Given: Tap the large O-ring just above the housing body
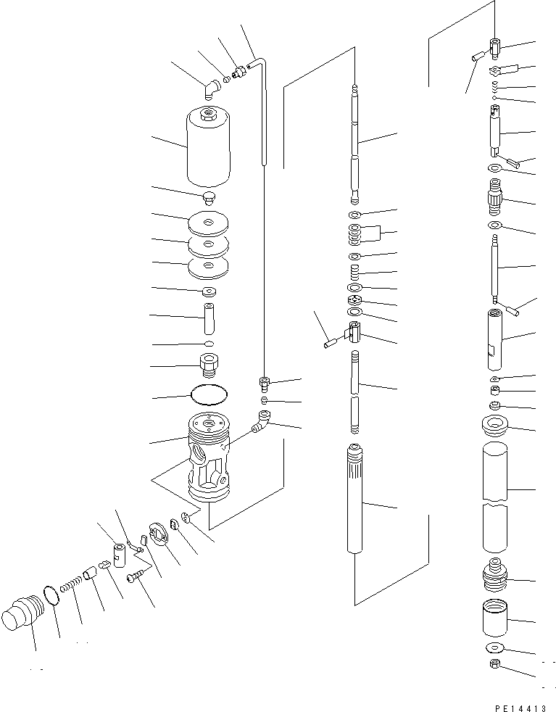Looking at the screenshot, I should click(x=209, y=394).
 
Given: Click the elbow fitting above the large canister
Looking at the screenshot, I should click(x=210, y=88).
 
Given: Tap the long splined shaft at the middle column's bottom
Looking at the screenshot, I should click(x=355, y=500).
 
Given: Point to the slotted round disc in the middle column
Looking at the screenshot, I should click(x=354, y=301).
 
